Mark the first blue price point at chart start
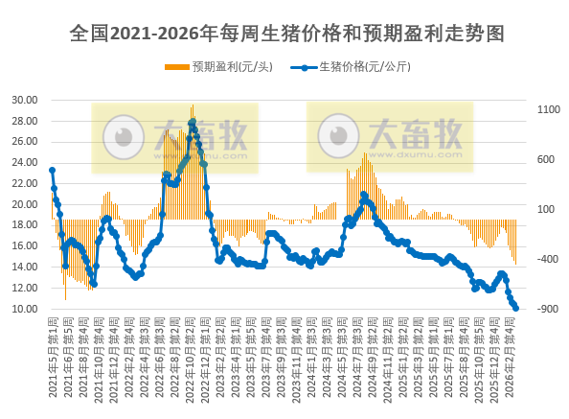[x=52, y=171]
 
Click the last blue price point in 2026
[x=515, y=308]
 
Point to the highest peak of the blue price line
[x=193, y=122]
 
